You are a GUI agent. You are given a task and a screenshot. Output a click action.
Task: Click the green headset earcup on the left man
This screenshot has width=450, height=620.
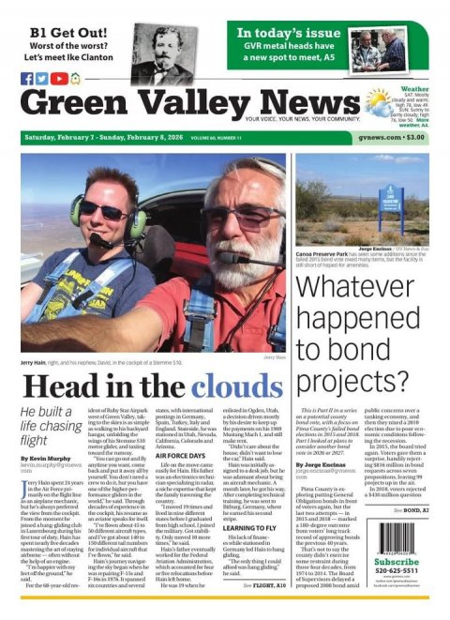click(76, 209)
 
